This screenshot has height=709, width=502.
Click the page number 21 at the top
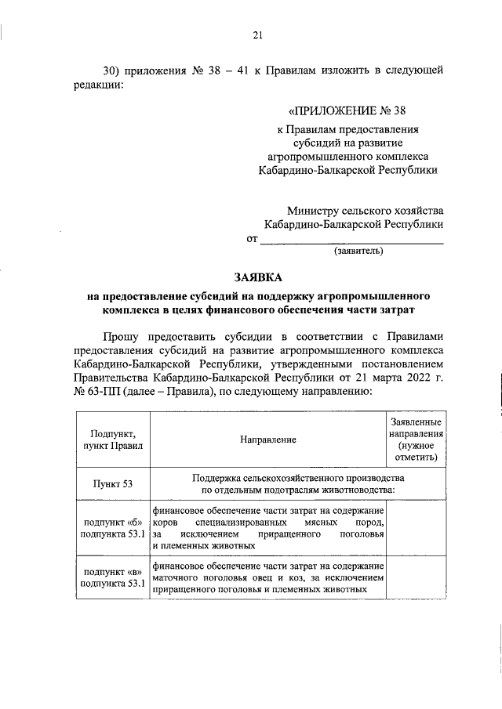257,34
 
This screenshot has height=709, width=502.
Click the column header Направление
268,440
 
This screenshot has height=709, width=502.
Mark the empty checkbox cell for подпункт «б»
416,528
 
